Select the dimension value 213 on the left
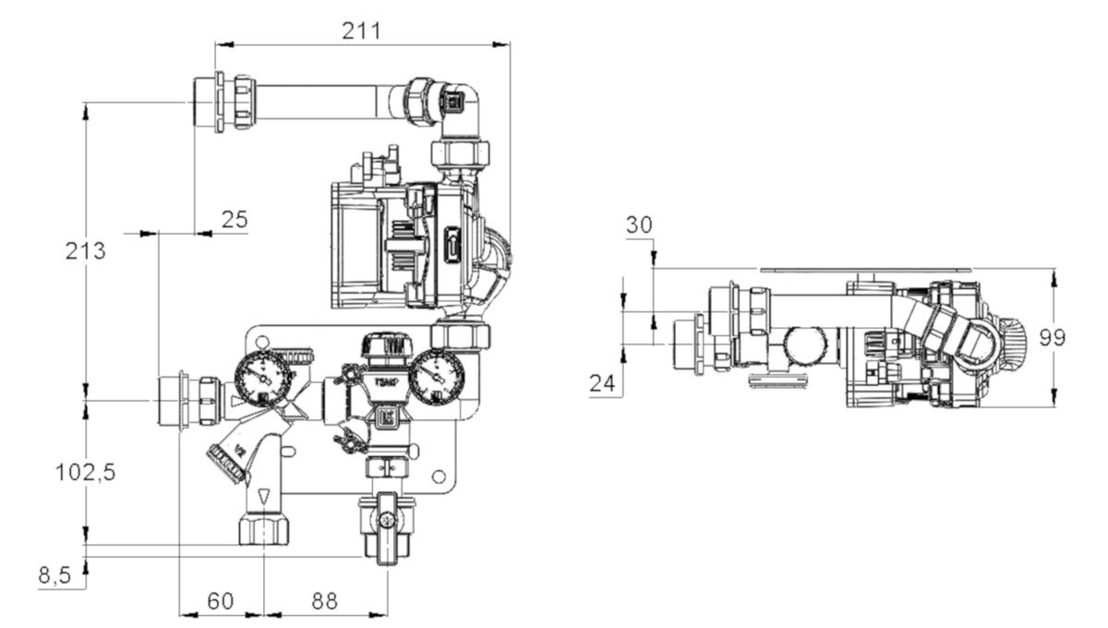coord(85,250)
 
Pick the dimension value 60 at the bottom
coord(220,601)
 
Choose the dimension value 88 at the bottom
coord(324,601)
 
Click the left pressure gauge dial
coord(263,379)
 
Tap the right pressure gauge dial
coord(436,379)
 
